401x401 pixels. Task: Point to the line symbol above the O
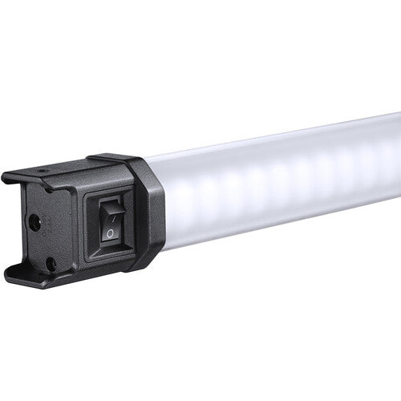pos(111,213)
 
